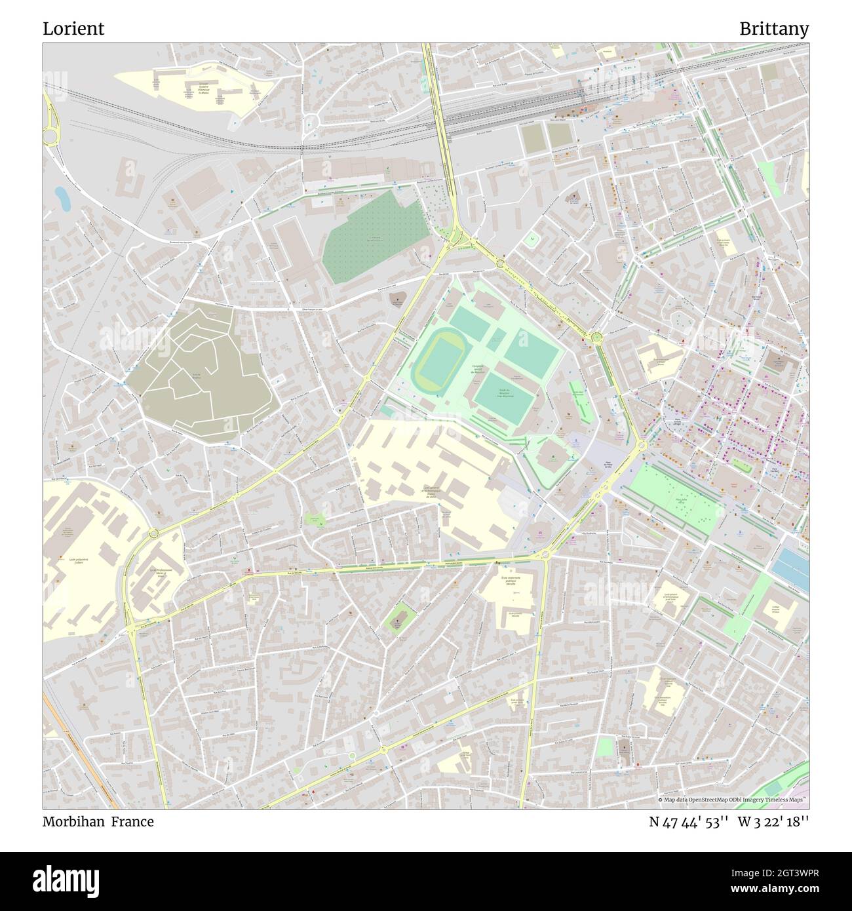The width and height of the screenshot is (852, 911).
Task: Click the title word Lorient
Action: pos(73,29)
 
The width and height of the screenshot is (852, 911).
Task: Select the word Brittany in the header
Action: pos(774,29)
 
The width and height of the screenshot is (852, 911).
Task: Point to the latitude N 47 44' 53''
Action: pos(689,822)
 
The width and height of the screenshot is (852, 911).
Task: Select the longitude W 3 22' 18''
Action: pos(773,822)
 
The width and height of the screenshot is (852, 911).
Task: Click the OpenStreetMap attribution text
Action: pos(733,800)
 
